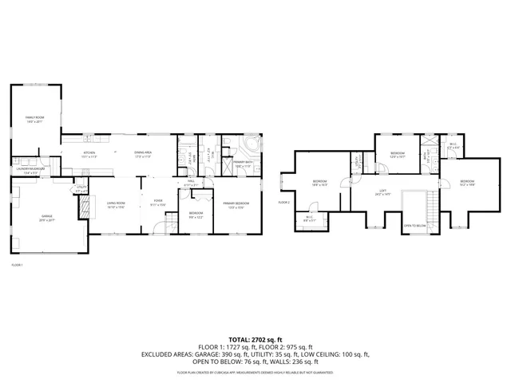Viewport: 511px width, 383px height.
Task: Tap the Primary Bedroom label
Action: [236, 204]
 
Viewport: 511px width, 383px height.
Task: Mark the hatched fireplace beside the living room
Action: [83, 206]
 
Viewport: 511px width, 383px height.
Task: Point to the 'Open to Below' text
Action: [414, 226]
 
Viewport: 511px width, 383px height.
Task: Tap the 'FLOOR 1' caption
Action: [17, 265]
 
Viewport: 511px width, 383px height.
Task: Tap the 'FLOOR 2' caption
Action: [283, 203]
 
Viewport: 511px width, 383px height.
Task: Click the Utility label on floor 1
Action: [80, 190]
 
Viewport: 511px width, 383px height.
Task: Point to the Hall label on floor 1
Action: [191, 182]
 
